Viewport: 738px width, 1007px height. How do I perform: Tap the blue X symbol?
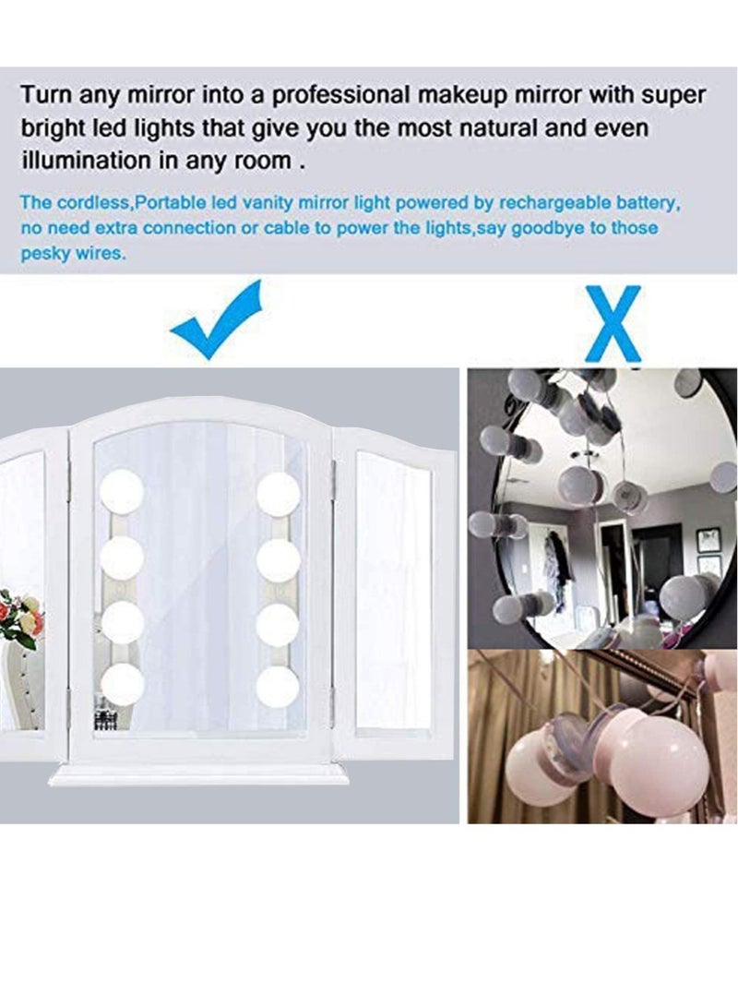click(611, 323)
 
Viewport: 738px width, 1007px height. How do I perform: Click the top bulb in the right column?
click(278, 494)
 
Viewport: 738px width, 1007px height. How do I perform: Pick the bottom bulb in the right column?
click(278, 685)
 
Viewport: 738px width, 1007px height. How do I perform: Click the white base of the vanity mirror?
click(198, 774)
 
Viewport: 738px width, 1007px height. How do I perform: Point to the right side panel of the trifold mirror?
click(395, 591)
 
